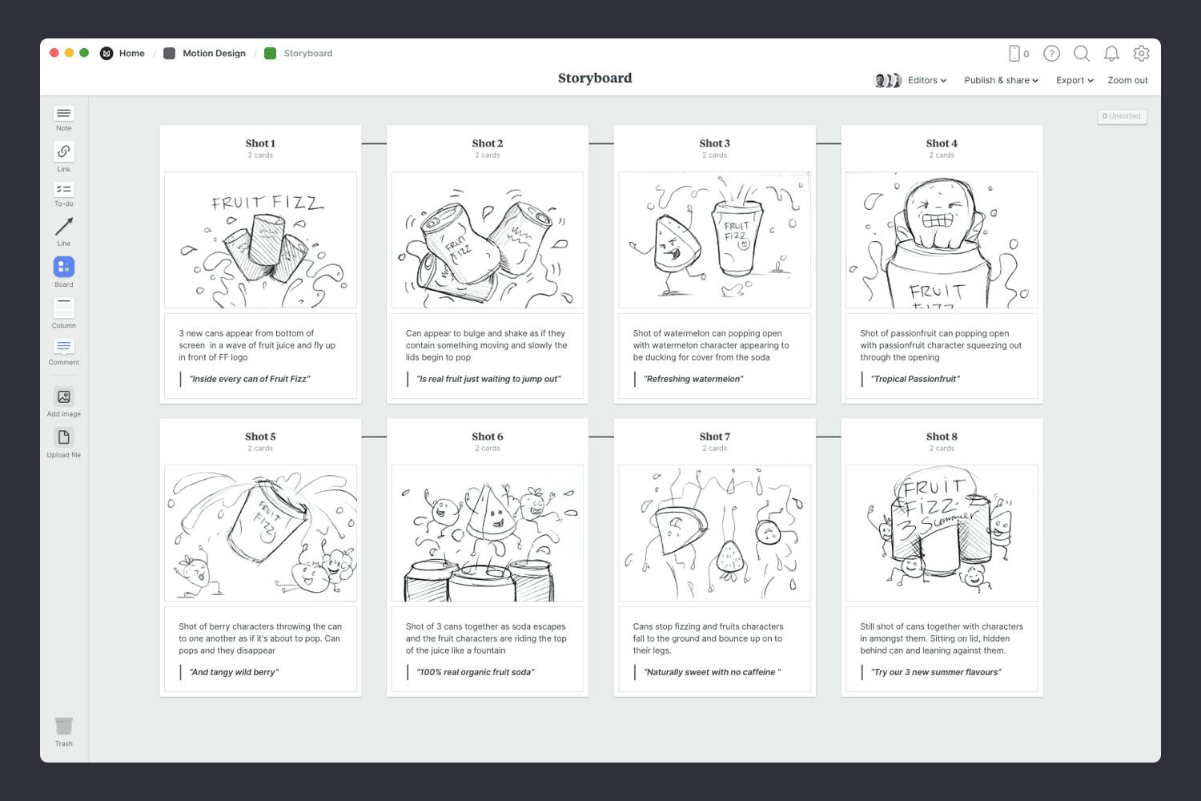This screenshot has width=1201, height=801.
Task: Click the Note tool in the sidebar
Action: tap(64, 114)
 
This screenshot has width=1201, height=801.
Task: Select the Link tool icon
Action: tap(64, 151)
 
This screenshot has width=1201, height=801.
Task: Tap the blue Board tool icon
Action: tap(64, 267)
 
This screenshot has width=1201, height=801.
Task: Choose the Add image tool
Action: tap(64, 396)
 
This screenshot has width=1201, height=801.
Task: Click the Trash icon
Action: tap(64, 727)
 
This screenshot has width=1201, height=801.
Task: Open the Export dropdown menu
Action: tap(1074, 80)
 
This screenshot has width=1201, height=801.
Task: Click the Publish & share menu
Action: tap(1001, 80)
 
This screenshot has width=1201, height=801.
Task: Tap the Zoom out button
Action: tap(1127, 80)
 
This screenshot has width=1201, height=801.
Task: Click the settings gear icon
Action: tap(1141, 53)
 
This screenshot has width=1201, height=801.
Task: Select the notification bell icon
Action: tap(1111, 53)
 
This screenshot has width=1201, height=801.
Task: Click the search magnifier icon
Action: tap(1081, 53)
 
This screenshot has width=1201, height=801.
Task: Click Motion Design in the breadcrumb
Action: tap(214, 54)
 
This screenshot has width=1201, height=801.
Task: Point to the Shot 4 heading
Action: tap(942, 143)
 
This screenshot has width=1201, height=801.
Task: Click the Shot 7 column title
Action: tap(714, 437)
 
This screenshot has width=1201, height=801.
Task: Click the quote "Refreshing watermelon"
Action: tap(694, 379)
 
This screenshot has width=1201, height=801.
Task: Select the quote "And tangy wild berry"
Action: tap(234, 672)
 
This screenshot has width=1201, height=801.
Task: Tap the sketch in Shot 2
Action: tap(487, 239)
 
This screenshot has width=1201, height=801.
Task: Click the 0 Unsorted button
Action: tap(1122, 116)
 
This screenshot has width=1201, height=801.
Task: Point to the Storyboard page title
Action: tap(595, 78)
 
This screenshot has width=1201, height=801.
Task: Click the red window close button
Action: tap(54, 53)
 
